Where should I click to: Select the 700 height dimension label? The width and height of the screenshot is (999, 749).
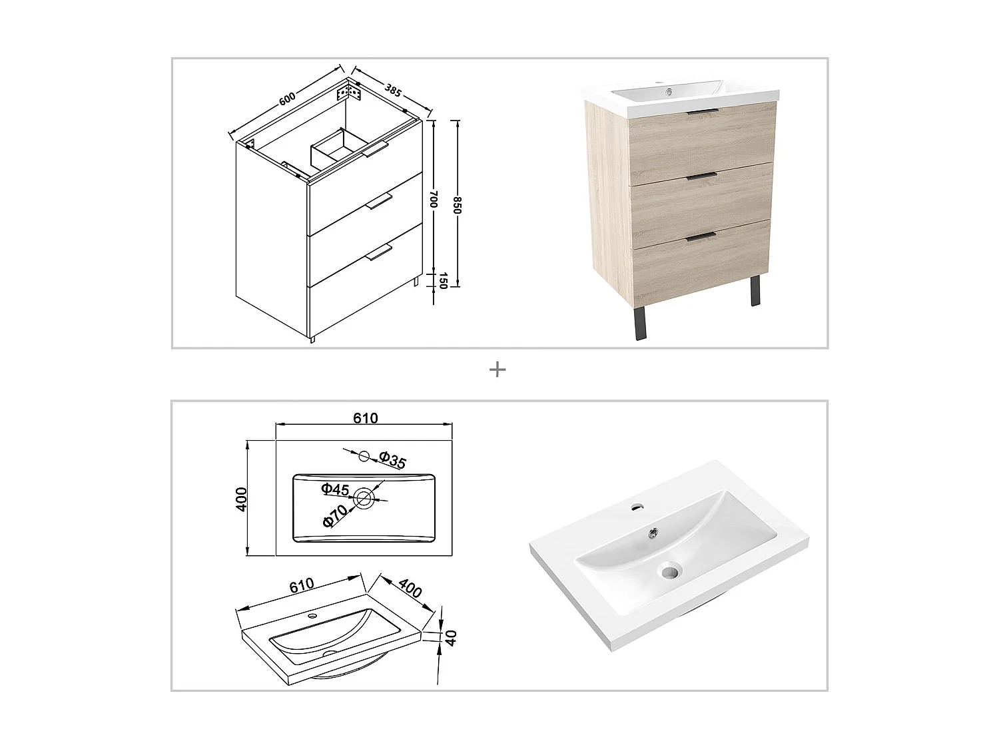point(433,199)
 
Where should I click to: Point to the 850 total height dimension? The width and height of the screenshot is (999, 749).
point(457,204)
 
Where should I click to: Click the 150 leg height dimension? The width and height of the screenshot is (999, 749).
point(442,281)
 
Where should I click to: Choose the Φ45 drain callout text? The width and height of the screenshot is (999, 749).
point(335,490)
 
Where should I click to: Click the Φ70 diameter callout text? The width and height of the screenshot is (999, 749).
point(335,515)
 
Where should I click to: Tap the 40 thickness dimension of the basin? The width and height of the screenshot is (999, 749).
point(452,638)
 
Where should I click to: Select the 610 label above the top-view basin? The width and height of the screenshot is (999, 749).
point(365,418)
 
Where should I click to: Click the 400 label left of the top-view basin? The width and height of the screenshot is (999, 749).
point(242,498)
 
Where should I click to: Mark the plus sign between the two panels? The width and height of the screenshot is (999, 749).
point(498,369)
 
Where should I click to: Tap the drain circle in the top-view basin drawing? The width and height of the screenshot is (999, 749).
point(364,497)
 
